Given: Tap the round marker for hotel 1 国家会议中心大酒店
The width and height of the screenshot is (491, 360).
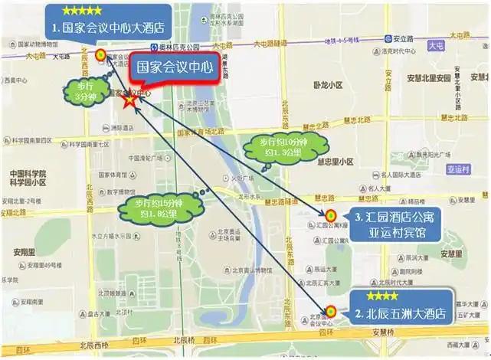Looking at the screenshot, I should coord(100,55).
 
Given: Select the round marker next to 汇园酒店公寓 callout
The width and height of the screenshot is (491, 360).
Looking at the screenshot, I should coord(331,214).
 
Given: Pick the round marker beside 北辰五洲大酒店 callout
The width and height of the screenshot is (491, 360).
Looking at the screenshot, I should coord(331,311).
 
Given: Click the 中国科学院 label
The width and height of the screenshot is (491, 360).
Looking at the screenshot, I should coord(28,174).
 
